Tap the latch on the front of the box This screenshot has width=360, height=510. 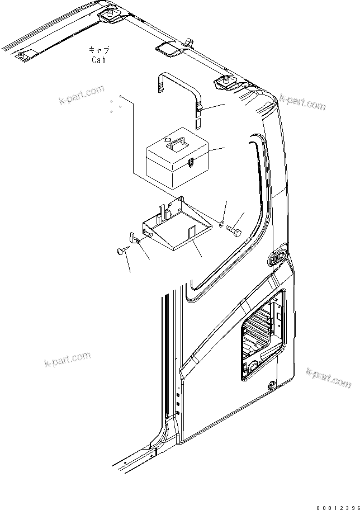coord(191,163)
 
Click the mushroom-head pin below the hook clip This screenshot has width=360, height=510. coord(121,252)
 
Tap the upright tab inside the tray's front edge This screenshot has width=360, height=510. coord(191,230)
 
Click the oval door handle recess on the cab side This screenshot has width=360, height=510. coord(276,258)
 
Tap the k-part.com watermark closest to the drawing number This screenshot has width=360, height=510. coord(328,377)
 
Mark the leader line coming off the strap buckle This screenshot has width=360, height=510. coord(216,107)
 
